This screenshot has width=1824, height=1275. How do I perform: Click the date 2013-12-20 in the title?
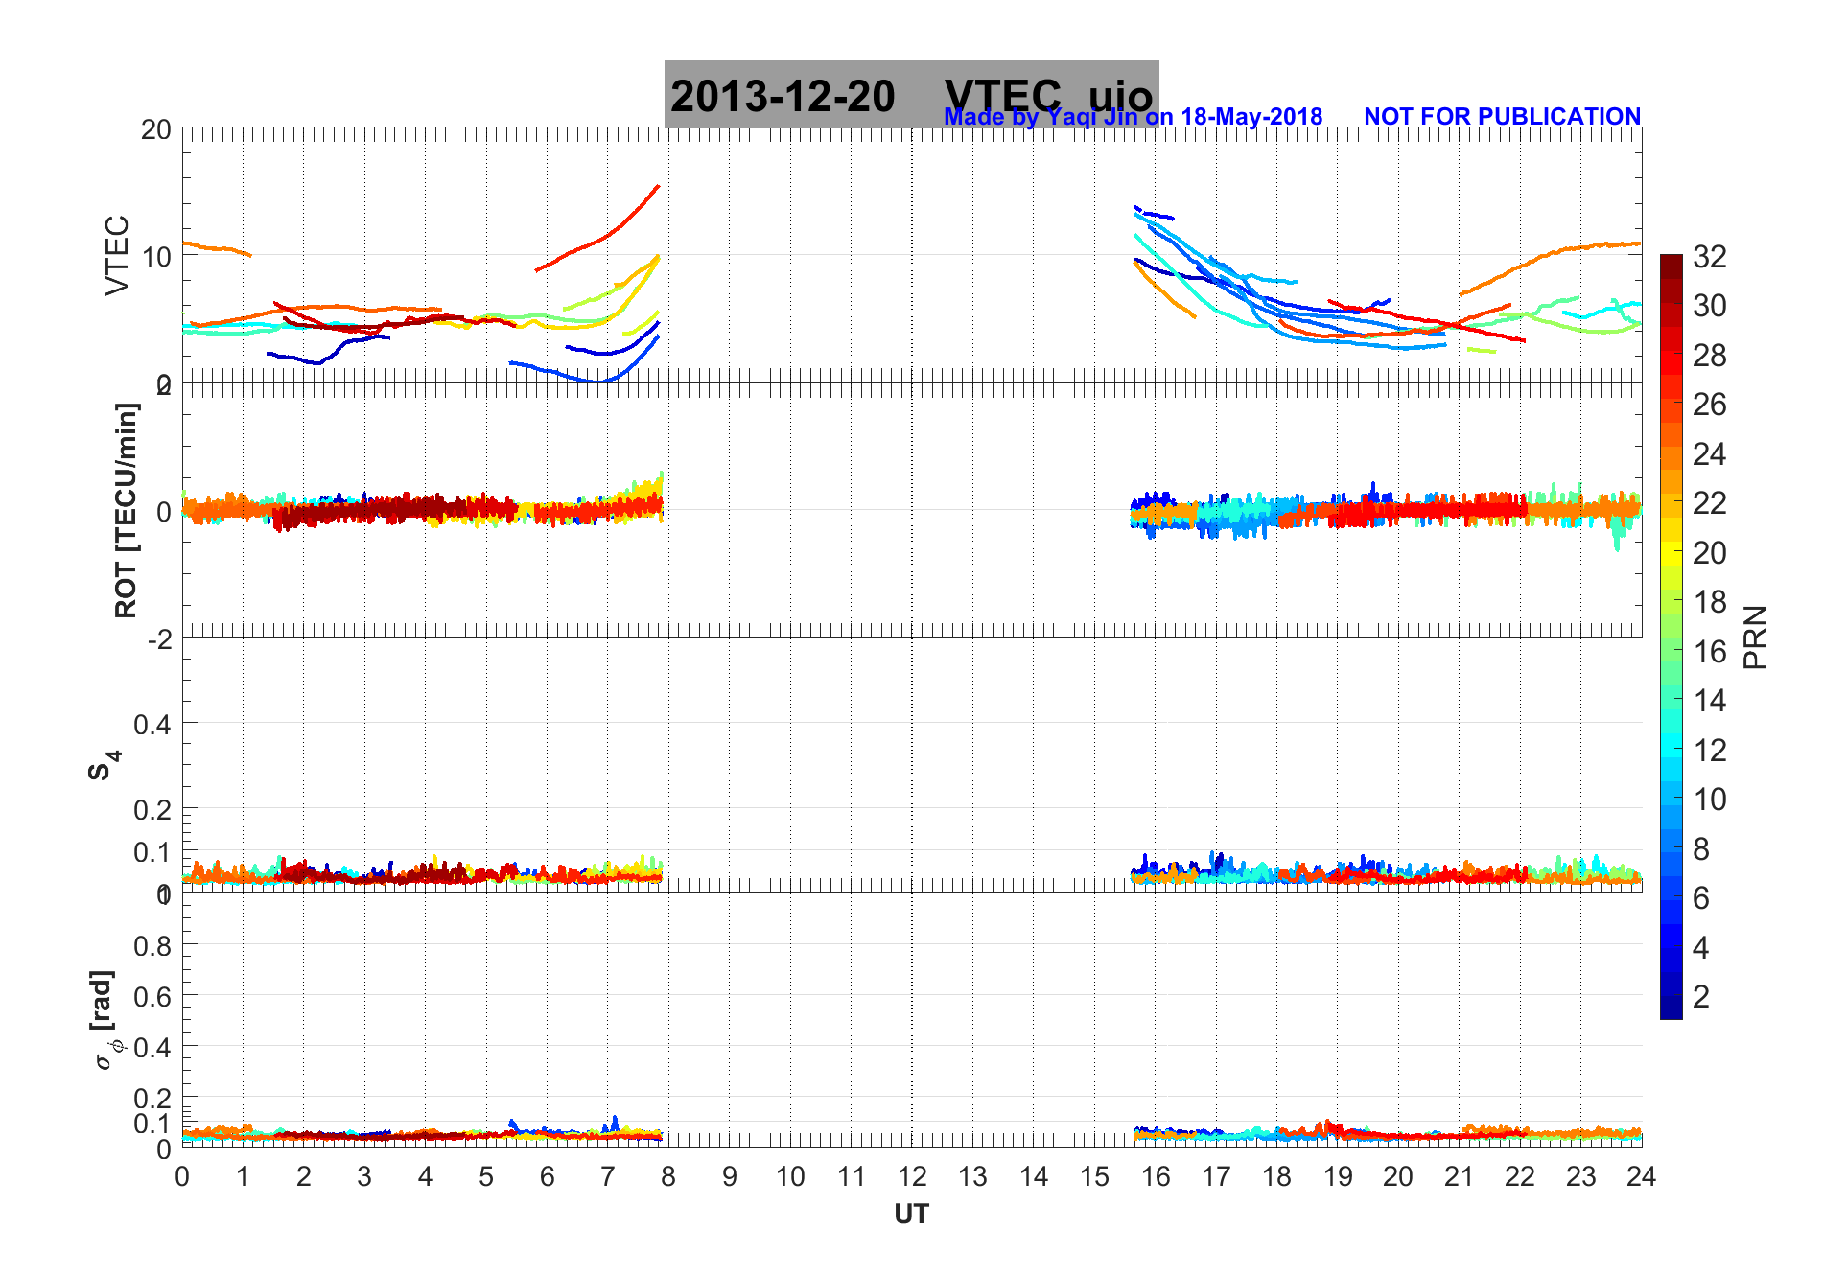(x=783, y=96)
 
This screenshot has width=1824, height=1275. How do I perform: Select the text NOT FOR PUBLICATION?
(x=1502, y=116)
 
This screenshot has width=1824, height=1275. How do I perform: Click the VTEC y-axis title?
(x=117, y=255)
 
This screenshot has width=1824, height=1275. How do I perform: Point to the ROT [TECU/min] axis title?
(x=126, y=510)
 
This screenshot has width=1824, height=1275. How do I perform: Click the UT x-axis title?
(x=911, y=1215)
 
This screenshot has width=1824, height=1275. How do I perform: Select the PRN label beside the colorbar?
(x=1755, y=637)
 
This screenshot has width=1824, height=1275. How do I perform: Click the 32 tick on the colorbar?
(x=1709, y=256)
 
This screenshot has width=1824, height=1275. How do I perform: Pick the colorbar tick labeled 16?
(x=1709, y=652)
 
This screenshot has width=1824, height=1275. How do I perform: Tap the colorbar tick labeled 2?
(x=1701, y=997)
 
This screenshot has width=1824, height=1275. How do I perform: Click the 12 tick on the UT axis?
(x=912, y=1176)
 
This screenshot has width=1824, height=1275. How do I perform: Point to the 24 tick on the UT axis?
(x=1641, y=1176)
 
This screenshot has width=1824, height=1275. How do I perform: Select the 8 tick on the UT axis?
(x=668, y=1176)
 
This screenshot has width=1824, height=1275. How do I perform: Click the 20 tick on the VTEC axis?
(x=156, y=129)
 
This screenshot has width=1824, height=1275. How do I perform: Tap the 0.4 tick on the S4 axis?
(x=152, y=724)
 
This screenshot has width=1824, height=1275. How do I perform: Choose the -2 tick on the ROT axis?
(x=159, y=639)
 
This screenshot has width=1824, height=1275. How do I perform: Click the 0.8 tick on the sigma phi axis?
(x=152, y=945)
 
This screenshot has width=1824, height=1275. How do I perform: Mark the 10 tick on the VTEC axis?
(x=156, y=256)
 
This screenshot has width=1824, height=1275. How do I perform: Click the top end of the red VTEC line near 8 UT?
(x=658, y=186)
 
